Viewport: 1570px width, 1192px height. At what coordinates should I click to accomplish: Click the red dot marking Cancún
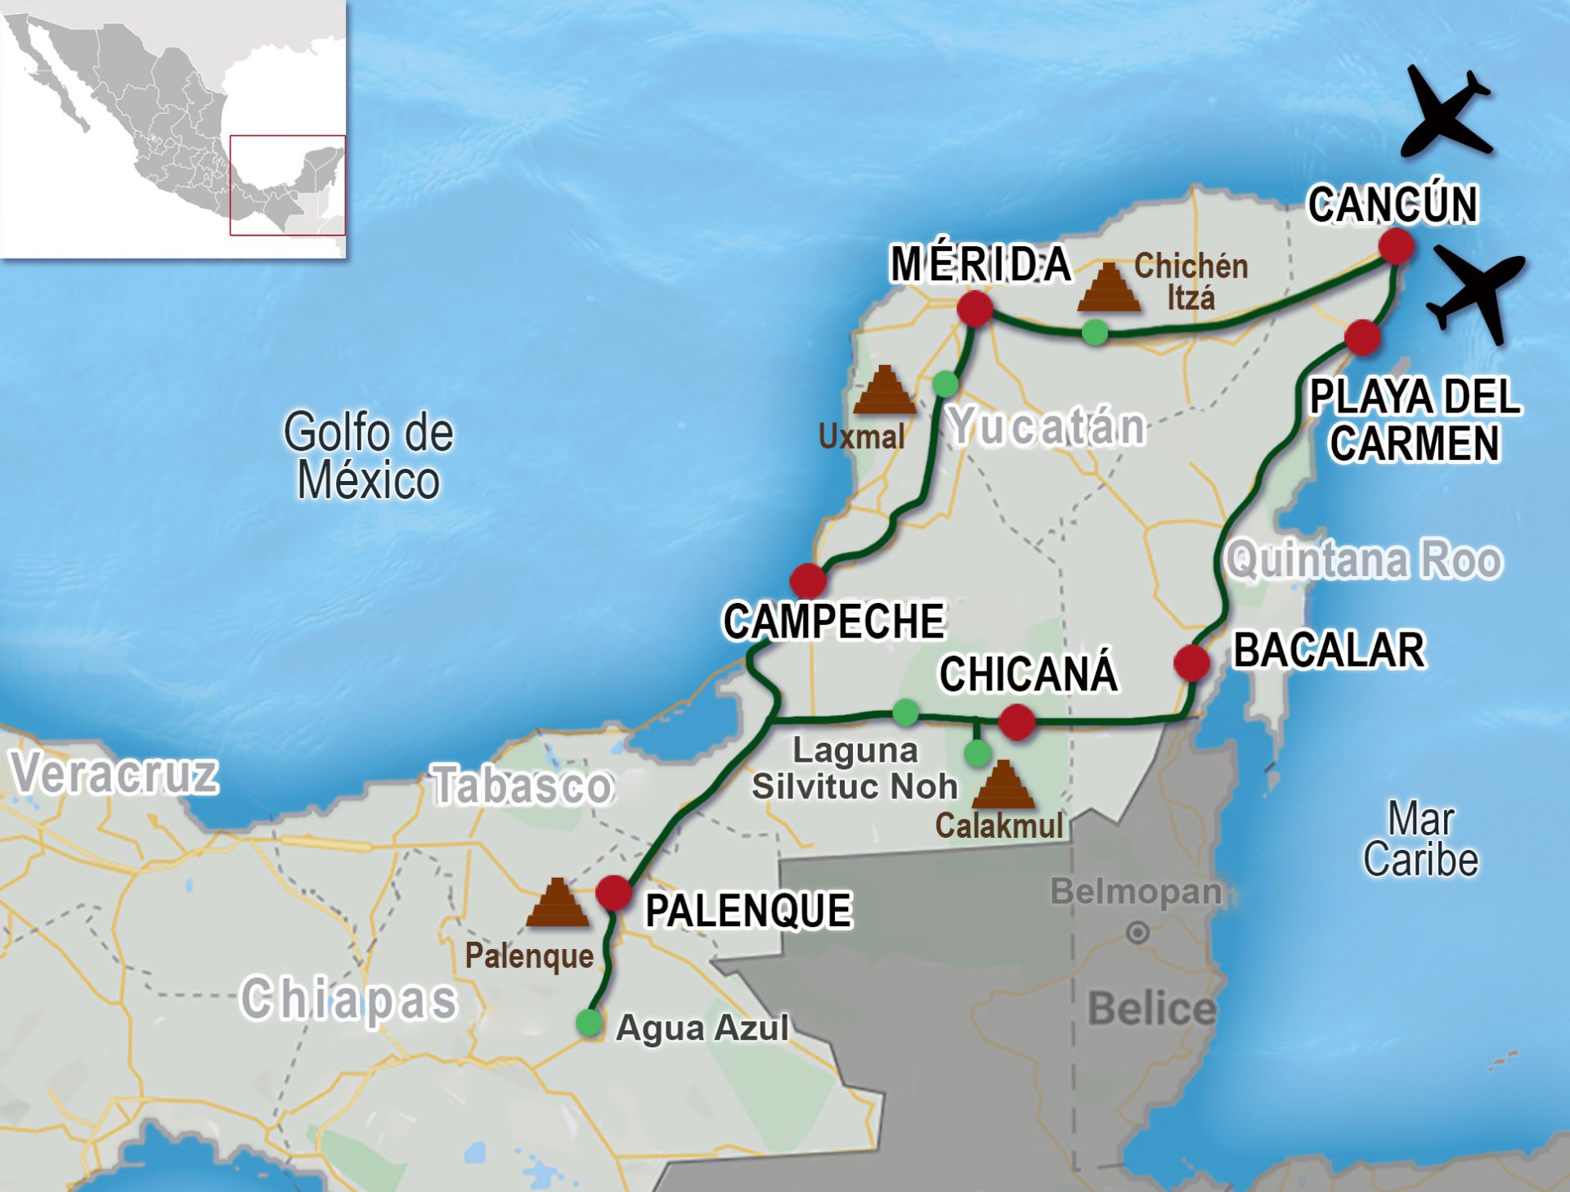(x=1396, y=245)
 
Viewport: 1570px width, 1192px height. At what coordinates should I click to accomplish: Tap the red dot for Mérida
(x=975, y=309)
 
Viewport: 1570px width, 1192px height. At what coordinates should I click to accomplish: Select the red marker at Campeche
(x=808, y=581)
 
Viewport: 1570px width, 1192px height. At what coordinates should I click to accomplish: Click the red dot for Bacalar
(x=1191, y=662)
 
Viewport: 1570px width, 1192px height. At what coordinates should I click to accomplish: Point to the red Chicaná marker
(x=1016, y=722)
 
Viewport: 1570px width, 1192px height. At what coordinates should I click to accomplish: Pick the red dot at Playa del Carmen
(x=1362, y=337)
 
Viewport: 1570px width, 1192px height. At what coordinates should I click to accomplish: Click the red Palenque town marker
(x=613, y=893)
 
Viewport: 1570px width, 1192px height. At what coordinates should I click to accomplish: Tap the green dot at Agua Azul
(x=589, y=1023)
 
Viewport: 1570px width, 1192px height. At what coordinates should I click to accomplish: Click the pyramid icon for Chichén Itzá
(x=1109, y=288)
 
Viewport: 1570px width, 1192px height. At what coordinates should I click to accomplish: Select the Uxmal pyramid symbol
(x=884, y=390)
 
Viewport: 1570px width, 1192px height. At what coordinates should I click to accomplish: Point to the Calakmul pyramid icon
(x=1003, y=785)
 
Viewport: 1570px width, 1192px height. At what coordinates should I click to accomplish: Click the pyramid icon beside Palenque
(x=558, y=903)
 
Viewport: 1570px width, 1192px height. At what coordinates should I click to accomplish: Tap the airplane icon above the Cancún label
(x=1446, y=113)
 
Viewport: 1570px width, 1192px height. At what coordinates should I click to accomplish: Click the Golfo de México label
(x=368, y=456)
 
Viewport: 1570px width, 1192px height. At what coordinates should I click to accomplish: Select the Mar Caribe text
(x=1420, y=839)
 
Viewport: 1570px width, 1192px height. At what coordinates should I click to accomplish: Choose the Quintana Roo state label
(x=1364, y=560)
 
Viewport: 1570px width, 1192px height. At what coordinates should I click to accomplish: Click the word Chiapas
(x=348, y=999)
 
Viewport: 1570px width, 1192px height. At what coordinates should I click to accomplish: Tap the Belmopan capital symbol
(x=1137, y=932)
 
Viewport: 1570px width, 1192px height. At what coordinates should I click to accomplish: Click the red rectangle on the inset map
(x=287, y=185)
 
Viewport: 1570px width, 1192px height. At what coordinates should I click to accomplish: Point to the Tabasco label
(x=522, y=785)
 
